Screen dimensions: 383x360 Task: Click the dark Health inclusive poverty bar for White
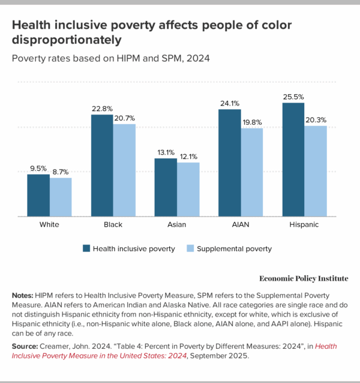click(38, 195)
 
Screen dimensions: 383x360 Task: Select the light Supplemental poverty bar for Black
click(124, 170)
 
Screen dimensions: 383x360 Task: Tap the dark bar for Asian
click(166, 187)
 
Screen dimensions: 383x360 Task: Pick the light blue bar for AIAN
click(251, 172)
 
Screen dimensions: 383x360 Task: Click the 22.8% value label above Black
click(103, 108)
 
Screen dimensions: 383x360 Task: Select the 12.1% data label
click(188, 157)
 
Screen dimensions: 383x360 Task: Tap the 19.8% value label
click(251, 123)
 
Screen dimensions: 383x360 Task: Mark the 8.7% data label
click(61, 172)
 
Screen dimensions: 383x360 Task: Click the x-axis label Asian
click(177, 225)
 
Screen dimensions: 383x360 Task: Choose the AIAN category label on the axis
click(241, 225)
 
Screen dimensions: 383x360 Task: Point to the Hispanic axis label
click(304, 225)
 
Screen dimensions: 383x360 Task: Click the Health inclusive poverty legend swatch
click(87, 248)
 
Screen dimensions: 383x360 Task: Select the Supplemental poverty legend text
click(234, 248)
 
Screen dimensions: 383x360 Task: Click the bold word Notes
click(23, 296)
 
